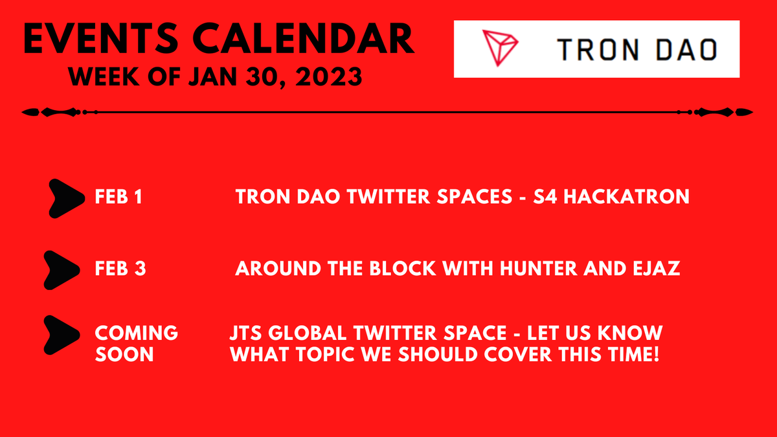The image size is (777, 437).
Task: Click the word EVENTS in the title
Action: point(101,38)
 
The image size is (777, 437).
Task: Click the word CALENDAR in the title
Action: point(304,38)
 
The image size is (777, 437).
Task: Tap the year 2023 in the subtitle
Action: point(329,76)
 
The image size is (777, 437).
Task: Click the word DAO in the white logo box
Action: point(687,50)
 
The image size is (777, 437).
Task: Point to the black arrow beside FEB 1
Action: point(67,199)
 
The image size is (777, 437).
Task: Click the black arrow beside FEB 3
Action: point(62,270)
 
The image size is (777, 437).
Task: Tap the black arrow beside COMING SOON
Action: point(62,335)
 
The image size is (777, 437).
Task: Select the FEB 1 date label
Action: point(118,197)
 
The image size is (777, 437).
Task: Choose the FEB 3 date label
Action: point(120,269)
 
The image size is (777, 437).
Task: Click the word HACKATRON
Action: point(627,197)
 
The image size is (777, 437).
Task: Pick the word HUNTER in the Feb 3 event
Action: point(539,269)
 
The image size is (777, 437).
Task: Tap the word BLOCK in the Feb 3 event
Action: point(402,269)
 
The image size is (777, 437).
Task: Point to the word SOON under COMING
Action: point(124,355)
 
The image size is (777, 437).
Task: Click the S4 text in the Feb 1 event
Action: point(545,197)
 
